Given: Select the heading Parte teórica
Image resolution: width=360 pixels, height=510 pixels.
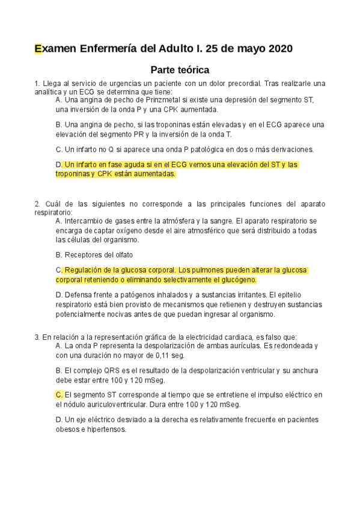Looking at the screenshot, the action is click(180, 69).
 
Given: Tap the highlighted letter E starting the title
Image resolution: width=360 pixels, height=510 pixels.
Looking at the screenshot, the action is click(38, 49).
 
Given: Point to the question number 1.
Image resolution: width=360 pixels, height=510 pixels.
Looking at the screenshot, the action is click(37, 83).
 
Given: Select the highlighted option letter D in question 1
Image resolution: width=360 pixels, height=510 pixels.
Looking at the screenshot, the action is click(58, 164).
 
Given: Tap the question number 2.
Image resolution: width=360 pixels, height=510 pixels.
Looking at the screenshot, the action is click(37, 203).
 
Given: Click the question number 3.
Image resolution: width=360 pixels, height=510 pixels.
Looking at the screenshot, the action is click(37, 337).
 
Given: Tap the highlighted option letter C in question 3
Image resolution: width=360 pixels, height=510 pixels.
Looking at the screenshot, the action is click(58, 395).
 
